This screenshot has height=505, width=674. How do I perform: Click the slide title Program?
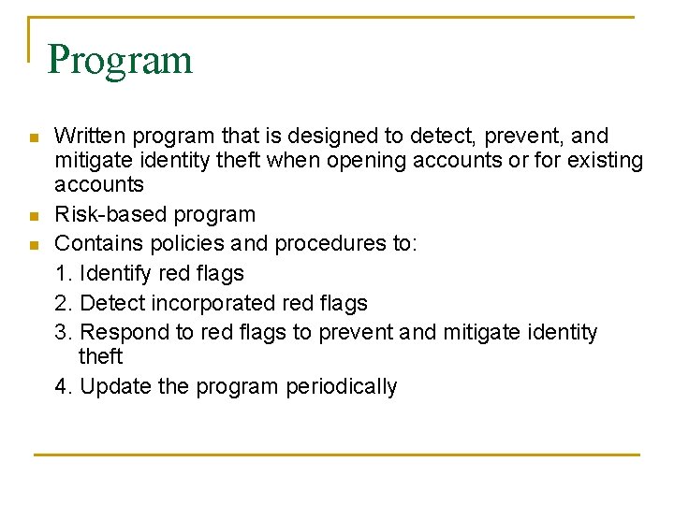120,61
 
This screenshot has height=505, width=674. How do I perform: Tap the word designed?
300,137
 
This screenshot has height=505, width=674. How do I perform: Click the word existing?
601,161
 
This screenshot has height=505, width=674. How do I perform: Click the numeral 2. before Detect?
64,303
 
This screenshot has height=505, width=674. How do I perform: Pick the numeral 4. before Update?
64,387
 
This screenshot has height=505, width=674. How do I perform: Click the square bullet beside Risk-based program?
34,217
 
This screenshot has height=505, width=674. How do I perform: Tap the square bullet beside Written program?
34,138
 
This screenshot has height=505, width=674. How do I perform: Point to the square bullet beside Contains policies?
34,246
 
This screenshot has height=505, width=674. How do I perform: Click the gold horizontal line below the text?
337,454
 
